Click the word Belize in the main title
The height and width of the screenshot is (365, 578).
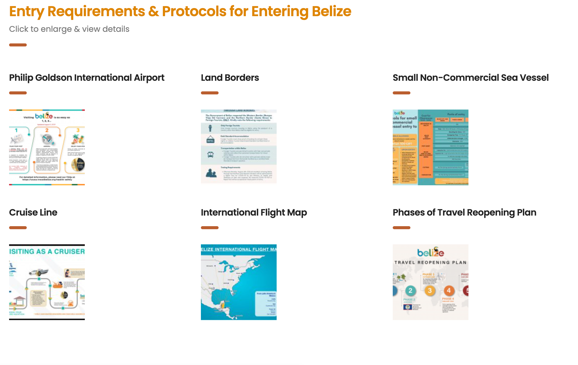[x=331, y=12]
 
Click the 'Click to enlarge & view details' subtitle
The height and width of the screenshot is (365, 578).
[x=69, y=29]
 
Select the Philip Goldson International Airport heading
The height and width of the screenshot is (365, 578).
[x=87, y=78]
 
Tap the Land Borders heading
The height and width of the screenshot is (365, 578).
[x=230, y=78]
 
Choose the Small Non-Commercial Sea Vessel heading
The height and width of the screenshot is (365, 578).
[x=470, y=78]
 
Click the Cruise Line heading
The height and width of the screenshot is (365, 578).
[x=33, y=213]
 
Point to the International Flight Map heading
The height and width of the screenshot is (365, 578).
[x=254, y=213]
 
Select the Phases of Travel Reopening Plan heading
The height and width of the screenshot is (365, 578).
[x=464, y=213]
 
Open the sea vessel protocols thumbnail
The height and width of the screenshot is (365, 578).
[x=430, y=147]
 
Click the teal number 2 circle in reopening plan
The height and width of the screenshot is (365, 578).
[x=410, y=291]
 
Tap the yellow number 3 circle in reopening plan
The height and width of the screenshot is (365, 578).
[x=430, y=291]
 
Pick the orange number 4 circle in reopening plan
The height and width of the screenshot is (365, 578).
[x=449, y=291]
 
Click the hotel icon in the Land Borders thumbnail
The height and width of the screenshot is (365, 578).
[x=211, y=139]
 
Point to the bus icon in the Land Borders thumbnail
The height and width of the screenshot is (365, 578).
[x=211, y=154]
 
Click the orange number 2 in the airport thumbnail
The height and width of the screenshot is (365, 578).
[x=47, y=130]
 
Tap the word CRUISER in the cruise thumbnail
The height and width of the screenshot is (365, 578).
[x=69, y=251]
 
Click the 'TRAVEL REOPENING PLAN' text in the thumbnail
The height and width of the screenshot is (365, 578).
[x=430, y=263]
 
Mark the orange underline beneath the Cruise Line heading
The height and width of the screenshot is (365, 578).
[x=18, y=228]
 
